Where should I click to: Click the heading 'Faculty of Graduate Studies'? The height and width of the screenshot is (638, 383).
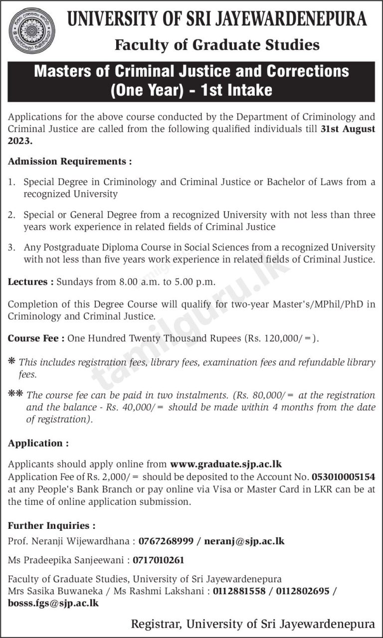point(217,45)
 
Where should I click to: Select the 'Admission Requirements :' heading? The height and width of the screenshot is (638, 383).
point(70,161)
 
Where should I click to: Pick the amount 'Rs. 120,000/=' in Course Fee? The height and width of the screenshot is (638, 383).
point(280,338)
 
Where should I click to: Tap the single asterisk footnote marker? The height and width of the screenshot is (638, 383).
point(11,362)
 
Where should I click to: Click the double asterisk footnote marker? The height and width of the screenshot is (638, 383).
point(15,395)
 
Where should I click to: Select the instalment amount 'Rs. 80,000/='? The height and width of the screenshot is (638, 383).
point(266,395)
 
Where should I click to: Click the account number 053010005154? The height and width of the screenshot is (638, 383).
point(344,477)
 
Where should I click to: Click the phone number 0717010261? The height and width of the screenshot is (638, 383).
point(159,560)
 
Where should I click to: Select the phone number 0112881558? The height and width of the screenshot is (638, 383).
point(241,591)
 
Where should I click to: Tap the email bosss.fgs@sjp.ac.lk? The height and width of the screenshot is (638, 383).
point(53,603)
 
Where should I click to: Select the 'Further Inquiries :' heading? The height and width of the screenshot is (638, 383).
point(51,525)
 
